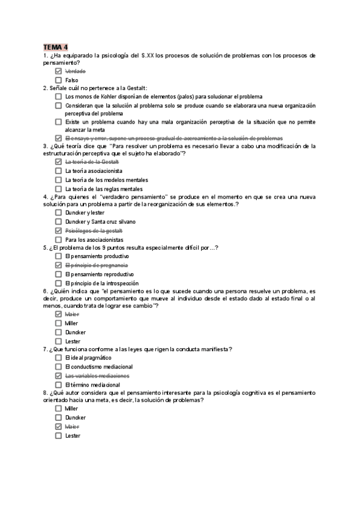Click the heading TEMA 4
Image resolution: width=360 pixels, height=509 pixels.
55,47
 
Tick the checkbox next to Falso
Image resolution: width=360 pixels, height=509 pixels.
58,80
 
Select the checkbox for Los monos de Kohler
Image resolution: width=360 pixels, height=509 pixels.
58,97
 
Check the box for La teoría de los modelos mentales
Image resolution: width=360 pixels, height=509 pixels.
58,179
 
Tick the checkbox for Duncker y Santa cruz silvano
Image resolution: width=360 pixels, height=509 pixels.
58,221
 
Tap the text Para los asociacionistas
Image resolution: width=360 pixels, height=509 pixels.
90,239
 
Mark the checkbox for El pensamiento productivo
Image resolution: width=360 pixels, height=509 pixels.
58,256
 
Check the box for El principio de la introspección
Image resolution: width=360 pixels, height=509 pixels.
58,283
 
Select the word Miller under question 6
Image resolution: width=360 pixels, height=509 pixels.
71,323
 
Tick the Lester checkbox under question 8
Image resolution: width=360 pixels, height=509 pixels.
58,436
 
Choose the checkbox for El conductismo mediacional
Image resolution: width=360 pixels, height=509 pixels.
58,367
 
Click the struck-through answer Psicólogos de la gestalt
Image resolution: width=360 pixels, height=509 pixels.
94,230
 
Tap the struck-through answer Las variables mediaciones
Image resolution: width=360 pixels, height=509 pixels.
97,376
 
